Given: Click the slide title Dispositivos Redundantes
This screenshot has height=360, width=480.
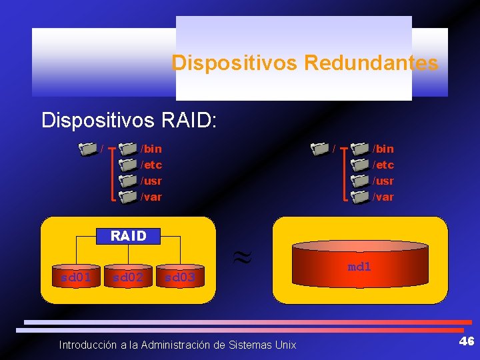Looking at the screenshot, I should pos(305,63).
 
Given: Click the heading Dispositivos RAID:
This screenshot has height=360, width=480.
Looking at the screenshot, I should pos(129,120).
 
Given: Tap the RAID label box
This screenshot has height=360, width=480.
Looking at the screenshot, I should pos(128,236).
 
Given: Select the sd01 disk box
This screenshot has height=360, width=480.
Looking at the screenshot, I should pos(76,276).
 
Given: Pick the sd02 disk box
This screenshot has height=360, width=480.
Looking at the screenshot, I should pos(128,276).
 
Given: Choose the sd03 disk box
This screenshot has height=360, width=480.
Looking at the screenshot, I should pos(180,276).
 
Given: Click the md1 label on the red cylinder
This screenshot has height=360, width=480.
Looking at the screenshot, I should pos(359,267).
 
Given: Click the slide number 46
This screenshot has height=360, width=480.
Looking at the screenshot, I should pos(466,341).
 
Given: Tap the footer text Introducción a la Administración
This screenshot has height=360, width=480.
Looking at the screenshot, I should pos(177,345).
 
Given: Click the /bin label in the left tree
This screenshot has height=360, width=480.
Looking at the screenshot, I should pos(151,149).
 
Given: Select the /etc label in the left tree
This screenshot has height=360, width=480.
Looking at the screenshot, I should pos(151,165).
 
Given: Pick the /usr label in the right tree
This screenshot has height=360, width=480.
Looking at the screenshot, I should pos(383,181).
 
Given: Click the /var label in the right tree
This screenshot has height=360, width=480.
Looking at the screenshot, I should pos(383,197).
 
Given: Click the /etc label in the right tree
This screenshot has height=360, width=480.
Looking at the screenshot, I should pos(383,165).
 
